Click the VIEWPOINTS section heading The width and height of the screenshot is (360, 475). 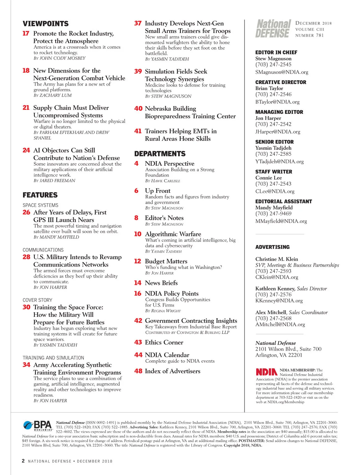click(x=46, y=24)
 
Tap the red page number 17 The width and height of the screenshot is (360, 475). click(x=26, y=33)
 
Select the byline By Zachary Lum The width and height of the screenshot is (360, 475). click(x=52, y=95)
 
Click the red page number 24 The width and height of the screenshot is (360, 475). click(x=26, y=150)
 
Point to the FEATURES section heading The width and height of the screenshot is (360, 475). click(x=40, y=195)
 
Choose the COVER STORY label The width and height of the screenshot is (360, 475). click(x=37, y=300)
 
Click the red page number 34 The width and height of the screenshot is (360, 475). click(x=26, y=365)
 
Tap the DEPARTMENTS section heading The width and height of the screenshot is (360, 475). click(x=160, y=154)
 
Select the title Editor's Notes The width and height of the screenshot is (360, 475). click(x=164, y=218)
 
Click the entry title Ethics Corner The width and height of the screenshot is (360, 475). click(x=164, y=342)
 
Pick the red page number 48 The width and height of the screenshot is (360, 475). click(x=138, y=371)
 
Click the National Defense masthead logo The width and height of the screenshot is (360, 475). click(x=273, y=29)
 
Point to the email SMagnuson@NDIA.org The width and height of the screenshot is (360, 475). click(x=282, y=72)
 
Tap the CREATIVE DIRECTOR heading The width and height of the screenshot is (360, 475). click(x=281, y=82)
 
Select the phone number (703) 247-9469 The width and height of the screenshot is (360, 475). click(x=273, y=213)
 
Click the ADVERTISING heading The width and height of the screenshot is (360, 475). click(x=272, y=247)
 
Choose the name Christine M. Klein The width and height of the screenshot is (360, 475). click(x=277, y=259)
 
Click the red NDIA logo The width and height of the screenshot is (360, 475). click(x=266, y=372)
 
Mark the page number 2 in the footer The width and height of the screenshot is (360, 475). click(x=23, y=461)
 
